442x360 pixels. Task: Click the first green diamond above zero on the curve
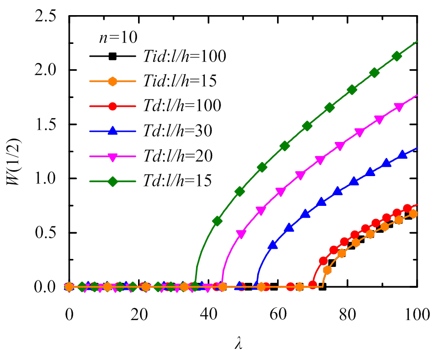tap(218, 221)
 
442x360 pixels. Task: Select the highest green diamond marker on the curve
tap(397, 56)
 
